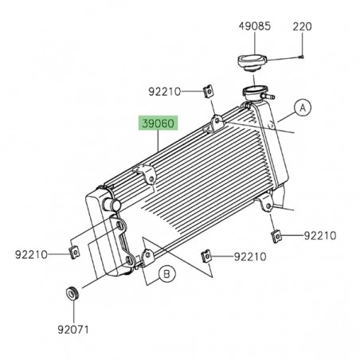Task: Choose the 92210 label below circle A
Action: (x=319, y=236)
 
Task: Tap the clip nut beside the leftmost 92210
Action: (x=73, y=254)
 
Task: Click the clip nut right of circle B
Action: (x=206, y=256)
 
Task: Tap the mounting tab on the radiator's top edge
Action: (x=213, y=122)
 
